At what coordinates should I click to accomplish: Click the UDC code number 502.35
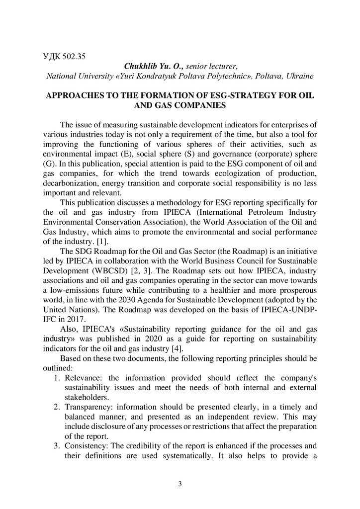pyautogui.click(x=74, y=57)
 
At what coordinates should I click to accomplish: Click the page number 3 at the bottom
pyautogui.click(x=180, y=484)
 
